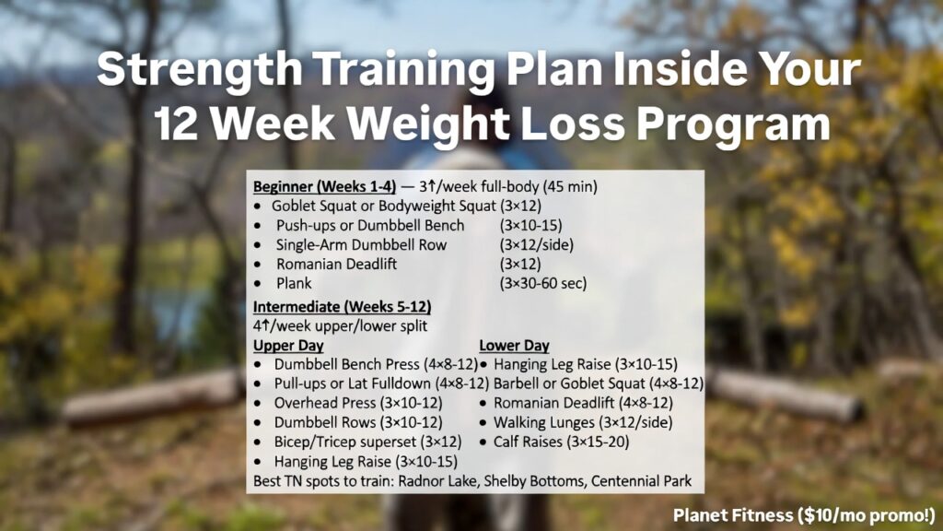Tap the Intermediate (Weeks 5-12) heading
tap(343, 306)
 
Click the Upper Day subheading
tap(288, 346)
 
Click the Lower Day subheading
tap(514, 346)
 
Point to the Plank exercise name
tap(294, 284)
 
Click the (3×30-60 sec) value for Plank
tap(542, 284)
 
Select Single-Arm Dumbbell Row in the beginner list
tap(361, 244)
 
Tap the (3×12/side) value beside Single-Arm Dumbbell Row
tap(536, 244)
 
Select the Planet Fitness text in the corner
tap(728, 513)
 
